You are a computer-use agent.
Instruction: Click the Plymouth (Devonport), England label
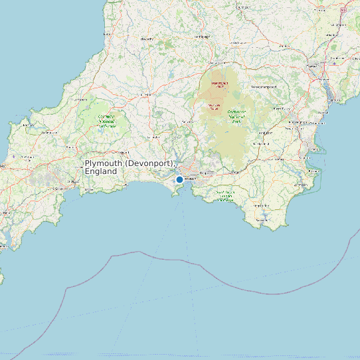coord(130,167)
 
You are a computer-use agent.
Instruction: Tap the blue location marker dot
coord(179,180)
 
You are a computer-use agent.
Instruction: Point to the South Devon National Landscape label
coord(226,196)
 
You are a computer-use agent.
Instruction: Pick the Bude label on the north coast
coord(108,35)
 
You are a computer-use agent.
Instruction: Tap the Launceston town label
coord(143,95)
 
